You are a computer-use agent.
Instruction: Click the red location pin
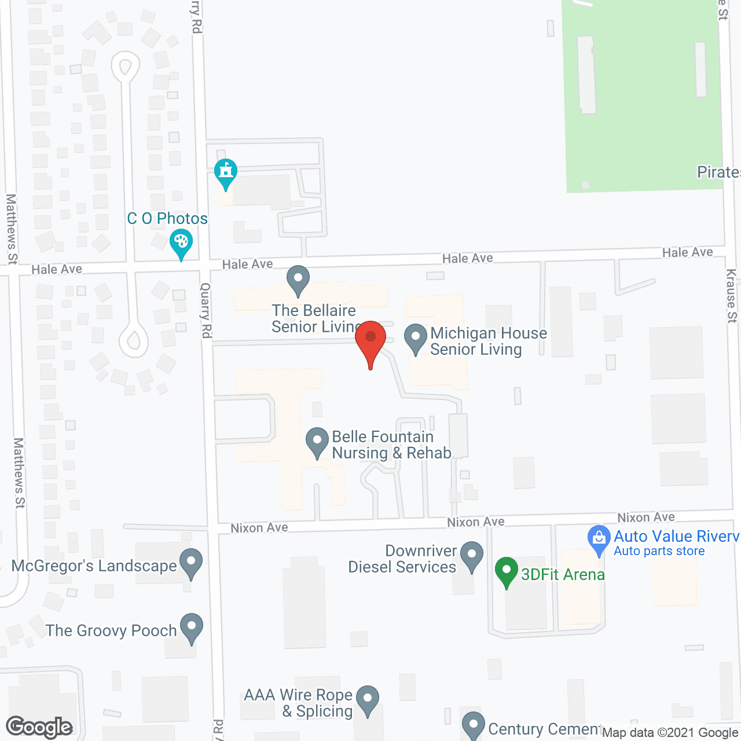(370, 339)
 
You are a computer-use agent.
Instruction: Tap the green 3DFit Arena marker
(507, 570)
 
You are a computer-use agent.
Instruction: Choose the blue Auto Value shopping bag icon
(599, 539)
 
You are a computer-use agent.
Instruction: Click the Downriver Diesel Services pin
(472, 555)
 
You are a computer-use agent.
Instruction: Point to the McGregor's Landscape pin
(190, 562)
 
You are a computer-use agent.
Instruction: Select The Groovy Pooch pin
(191, 627)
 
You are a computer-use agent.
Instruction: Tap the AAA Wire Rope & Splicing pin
(367, 699)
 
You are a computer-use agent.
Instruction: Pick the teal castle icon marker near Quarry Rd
(225, 172)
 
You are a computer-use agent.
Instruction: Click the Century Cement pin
(473, 725)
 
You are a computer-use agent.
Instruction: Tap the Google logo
(39, 727)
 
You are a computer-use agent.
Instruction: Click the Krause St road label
(732, 296)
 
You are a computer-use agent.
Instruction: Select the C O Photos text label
(167, 218)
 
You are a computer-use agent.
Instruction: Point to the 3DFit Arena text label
(563, 574)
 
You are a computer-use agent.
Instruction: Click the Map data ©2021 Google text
(670, 732)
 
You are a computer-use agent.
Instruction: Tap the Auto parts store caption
(659, 551)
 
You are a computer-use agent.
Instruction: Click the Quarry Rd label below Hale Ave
(206, 310)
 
